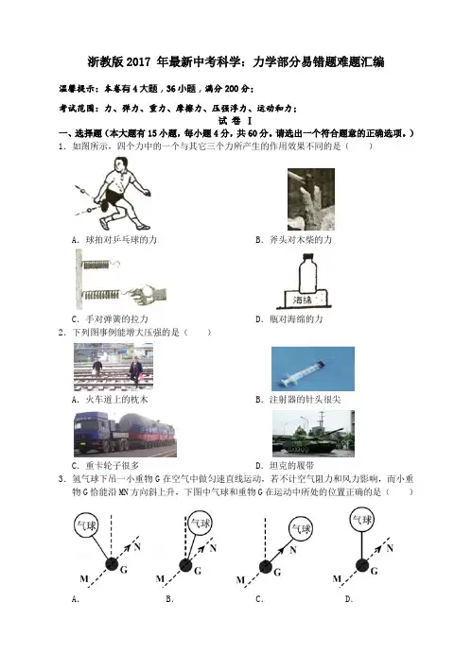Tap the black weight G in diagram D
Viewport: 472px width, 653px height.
click(x=362, y=565)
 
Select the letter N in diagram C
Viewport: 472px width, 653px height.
click(x=292, y=550)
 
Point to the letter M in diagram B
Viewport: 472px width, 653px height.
click(x=160, y=579)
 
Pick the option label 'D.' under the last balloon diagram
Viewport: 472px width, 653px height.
click(x=349, y=599)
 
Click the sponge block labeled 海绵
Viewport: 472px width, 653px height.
click(x=305, y=300)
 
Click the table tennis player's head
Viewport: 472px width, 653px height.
click(x=120, y=164)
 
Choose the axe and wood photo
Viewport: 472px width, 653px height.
click(x=311, y=199)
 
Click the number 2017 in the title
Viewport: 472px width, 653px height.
click(x=138, y=62)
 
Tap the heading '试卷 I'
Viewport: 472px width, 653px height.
click(x=236, y=121)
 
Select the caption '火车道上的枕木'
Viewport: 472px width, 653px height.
click(x=116, y=400)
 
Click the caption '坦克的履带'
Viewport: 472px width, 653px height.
click(x=291, y=465)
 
